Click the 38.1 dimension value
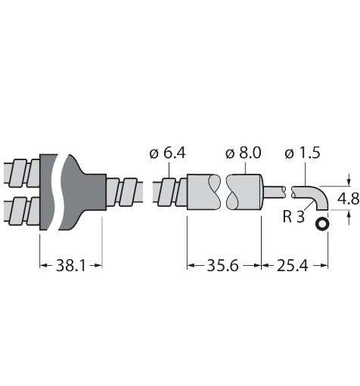coord(71,265)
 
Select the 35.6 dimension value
coord(222,265)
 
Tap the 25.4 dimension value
coord(293,265)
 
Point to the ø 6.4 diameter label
coord(167,153)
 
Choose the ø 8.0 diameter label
coord(244,153)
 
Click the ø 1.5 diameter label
coord(303,153)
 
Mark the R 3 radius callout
coord(293,217)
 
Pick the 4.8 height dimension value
coord(348,199)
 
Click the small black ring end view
coord(322,224)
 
